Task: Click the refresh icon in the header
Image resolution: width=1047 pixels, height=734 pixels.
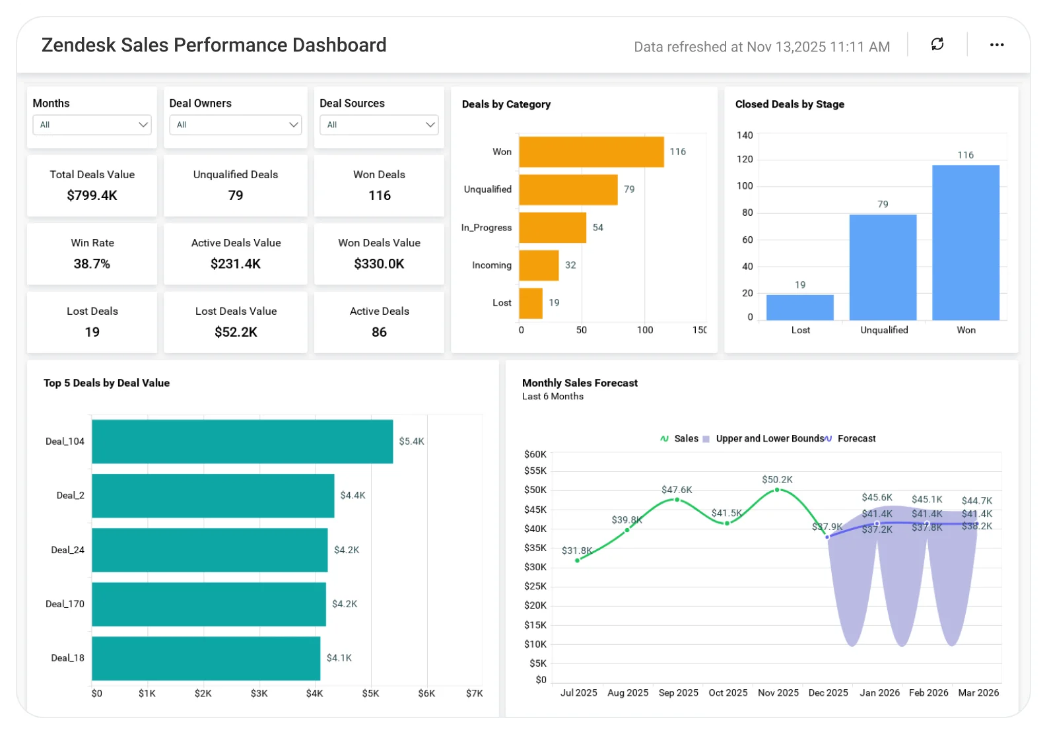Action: click(937, 44)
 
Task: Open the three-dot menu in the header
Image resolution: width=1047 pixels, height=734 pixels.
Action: click(997, 45)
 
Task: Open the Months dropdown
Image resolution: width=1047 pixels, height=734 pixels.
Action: click(92, 125)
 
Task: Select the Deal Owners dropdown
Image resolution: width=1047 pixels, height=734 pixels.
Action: click(235, 125)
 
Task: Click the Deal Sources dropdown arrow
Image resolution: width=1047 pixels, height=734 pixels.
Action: click(430, 125)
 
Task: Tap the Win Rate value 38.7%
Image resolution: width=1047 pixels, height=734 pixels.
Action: click(92, 263)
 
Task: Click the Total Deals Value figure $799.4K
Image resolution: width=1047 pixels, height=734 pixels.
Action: click(92, 195)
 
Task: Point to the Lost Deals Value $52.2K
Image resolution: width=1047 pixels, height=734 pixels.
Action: click(236, 332)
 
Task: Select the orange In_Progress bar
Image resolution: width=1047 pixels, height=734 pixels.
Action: click(553, 228)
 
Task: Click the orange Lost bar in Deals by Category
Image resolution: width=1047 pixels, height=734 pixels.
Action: click(531, 303)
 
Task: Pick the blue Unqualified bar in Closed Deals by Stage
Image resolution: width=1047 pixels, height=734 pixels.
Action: click(883, 267)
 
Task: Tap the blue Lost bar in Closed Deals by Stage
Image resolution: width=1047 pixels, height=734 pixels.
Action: click(799, 308)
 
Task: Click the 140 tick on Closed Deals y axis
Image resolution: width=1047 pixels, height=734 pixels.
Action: click(745, 135)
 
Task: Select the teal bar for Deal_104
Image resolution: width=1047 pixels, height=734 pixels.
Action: click(242, 442)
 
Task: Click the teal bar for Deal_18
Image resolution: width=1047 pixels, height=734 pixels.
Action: click(206, 658)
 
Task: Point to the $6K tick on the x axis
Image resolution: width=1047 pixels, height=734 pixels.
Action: click(426, 693)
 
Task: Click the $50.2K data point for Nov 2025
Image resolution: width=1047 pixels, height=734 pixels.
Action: click(777, 490)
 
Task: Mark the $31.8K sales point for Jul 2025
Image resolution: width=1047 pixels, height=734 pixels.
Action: click(577, 560)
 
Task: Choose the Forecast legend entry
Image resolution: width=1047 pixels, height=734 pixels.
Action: click(850, 438)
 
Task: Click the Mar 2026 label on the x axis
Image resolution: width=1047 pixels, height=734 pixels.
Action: click(978, 692)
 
